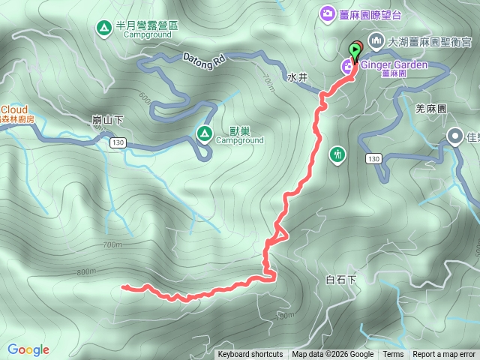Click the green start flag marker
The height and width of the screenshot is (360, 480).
click(x=354, y=50)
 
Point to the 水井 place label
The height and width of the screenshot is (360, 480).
click(x=297, y=76)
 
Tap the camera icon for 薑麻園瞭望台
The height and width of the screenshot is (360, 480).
click(x=328, y=13)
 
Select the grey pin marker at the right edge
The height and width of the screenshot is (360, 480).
click(x=454, y=136)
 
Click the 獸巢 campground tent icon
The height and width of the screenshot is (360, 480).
click(x=204, y=133)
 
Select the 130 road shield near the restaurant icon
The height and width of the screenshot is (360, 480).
click(x=374, y=159)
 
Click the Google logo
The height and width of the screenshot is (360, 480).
click(x=28, y=349)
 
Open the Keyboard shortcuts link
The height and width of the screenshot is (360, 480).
click(x=250, y=355)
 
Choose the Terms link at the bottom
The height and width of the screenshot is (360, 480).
click(x=393, y=355)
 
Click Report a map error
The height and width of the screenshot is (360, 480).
click(x=444, y=355)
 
